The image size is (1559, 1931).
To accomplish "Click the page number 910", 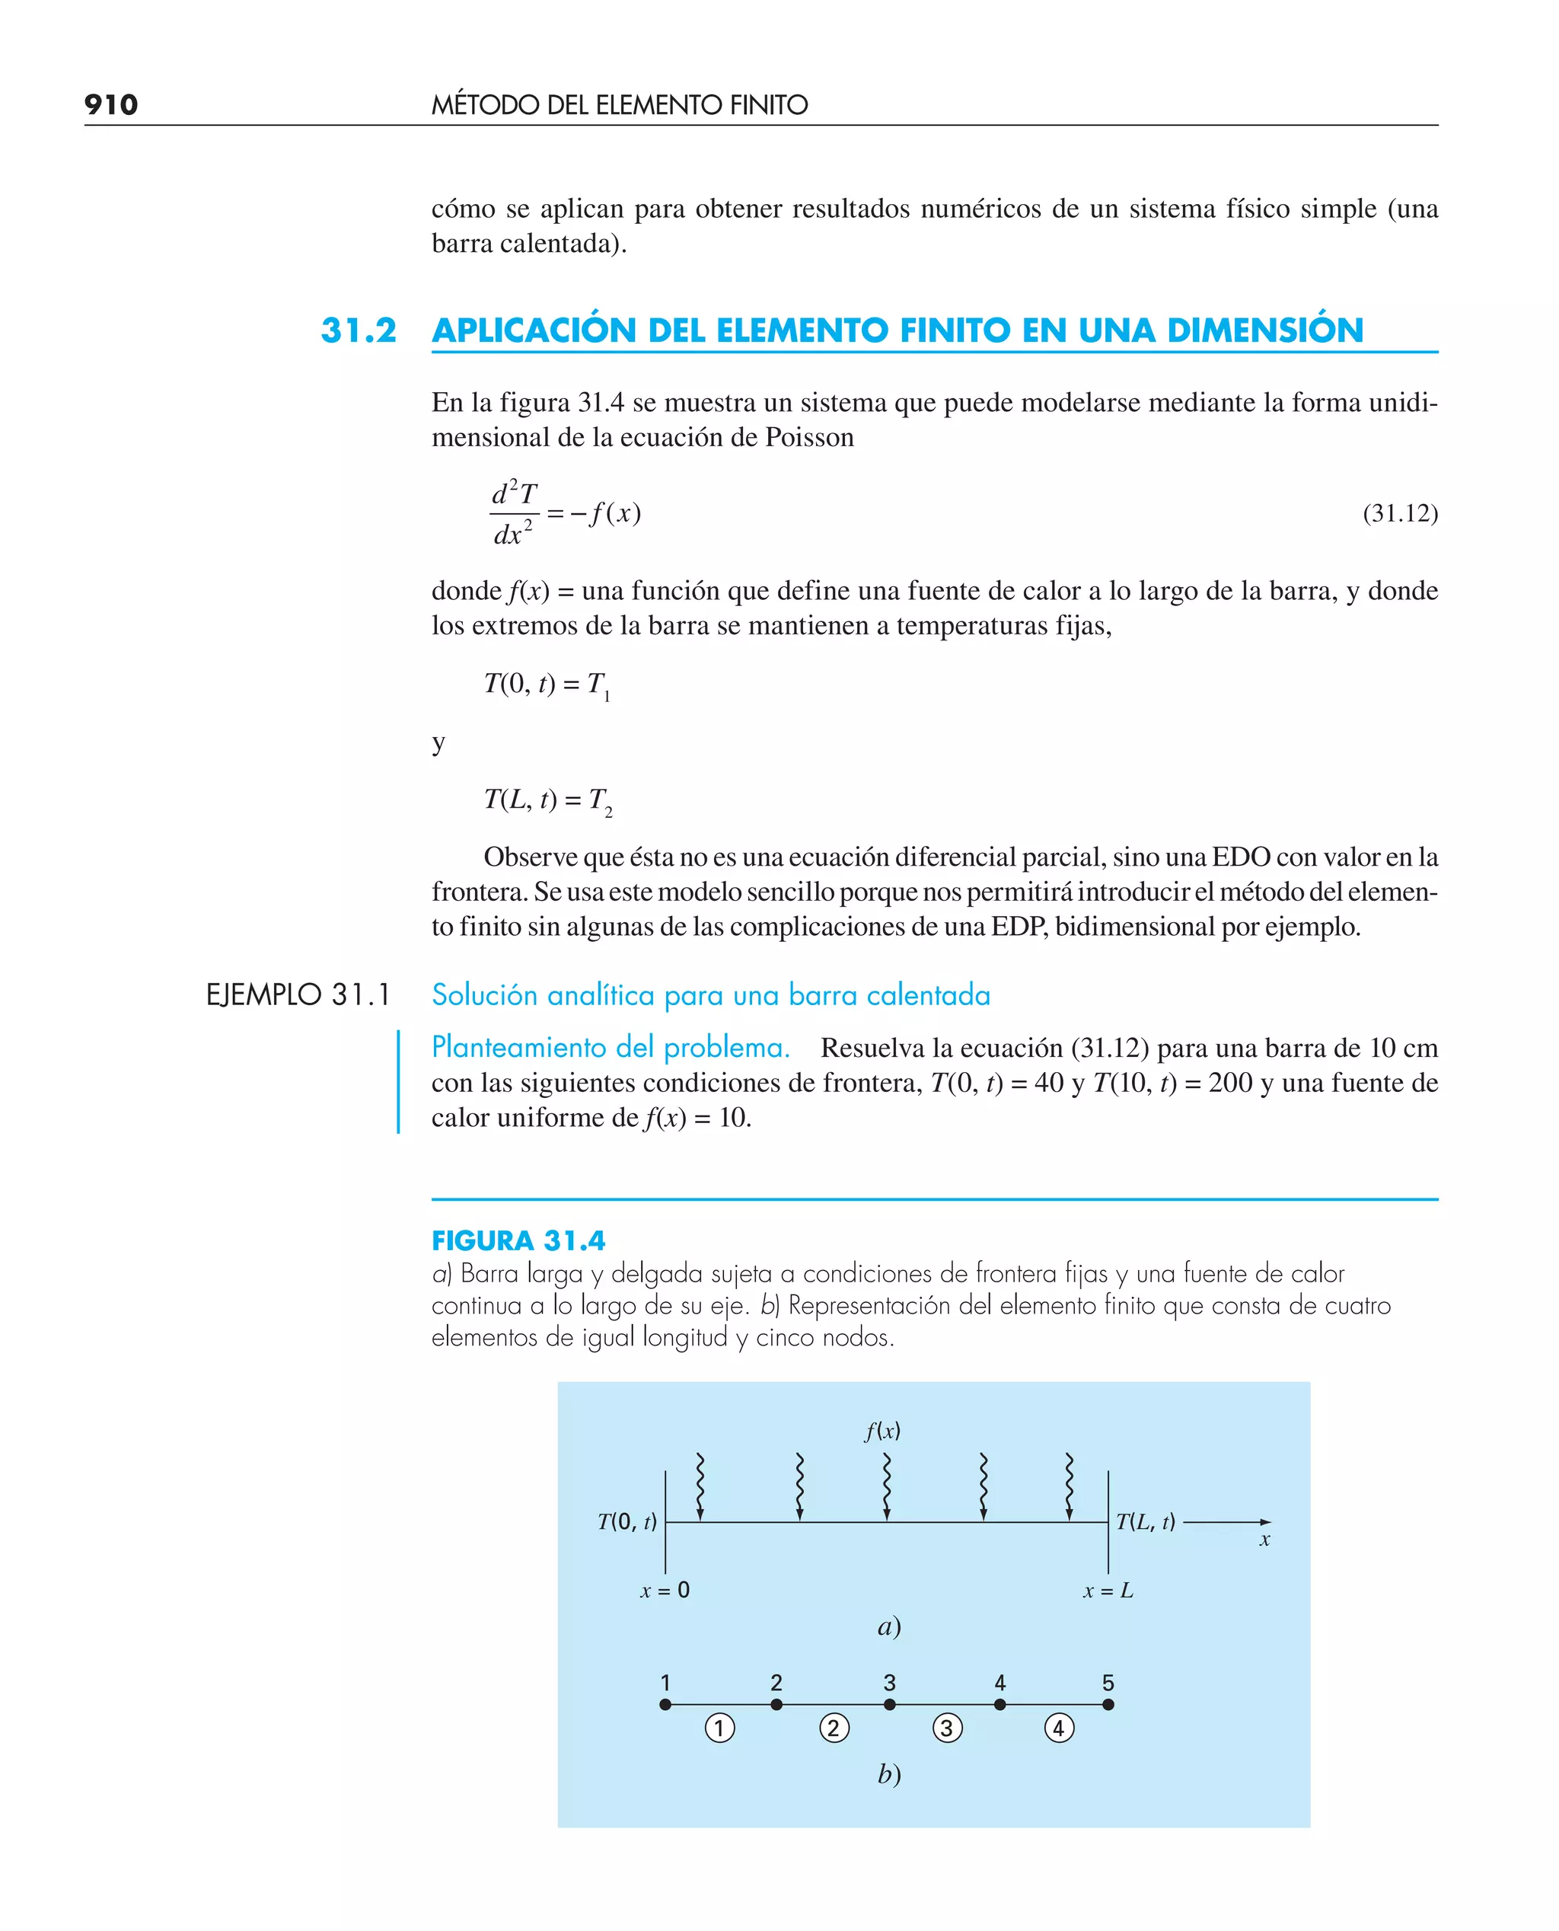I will (x=110, y=105).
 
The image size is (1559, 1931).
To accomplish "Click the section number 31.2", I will (x=359, y=330).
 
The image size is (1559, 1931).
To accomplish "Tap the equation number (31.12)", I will (x=1399, y=513).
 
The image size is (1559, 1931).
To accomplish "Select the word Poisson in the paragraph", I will (x=809, y=437).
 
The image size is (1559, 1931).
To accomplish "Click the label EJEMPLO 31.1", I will (x=298, y=995).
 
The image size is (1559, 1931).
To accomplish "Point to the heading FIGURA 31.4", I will (x=518, y=1240).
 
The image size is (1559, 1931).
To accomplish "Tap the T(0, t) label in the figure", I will (x=626, y=1521).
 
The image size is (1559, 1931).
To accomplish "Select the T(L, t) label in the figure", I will (x=1145, y=1521).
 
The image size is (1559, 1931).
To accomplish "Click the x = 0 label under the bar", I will (x=665, y=1591).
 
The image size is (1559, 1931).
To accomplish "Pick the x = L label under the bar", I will (x=1108, y=1591).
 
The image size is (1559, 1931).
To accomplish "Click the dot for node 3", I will (x=889, y=1705).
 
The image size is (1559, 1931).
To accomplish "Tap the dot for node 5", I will (x=1108, y=1705).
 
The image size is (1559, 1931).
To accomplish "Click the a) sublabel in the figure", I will (x=889, y=1626).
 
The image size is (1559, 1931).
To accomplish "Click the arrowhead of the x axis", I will (x=1265, y=1522).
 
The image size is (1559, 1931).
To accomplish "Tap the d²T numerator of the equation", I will (x=514, y=493).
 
